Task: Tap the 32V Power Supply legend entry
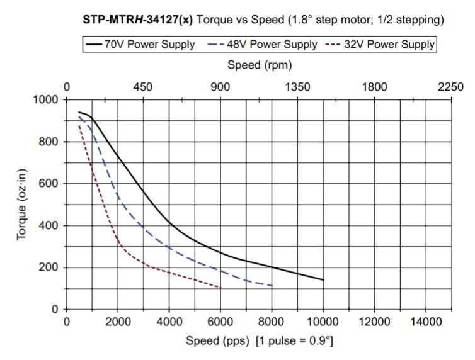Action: (x=381, y=45)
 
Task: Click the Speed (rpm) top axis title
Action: (x=260, y=65)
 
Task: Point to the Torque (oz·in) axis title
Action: (x=22, y=204)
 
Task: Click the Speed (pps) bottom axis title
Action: (x=260, y=341)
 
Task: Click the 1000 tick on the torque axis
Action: (x=45, y=100)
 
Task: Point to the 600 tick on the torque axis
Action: (x=49, y=184)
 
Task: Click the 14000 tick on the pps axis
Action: (x=426, y=322)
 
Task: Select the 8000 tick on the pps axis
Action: (x=272, y=322)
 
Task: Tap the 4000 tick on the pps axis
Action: (x=169, y=322)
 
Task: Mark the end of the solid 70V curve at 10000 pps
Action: (x=323, y=280)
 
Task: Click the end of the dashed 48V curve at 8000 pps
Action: (x=272, y=286)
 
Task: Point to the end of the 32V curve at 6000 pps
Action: (x=220, y=288)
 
